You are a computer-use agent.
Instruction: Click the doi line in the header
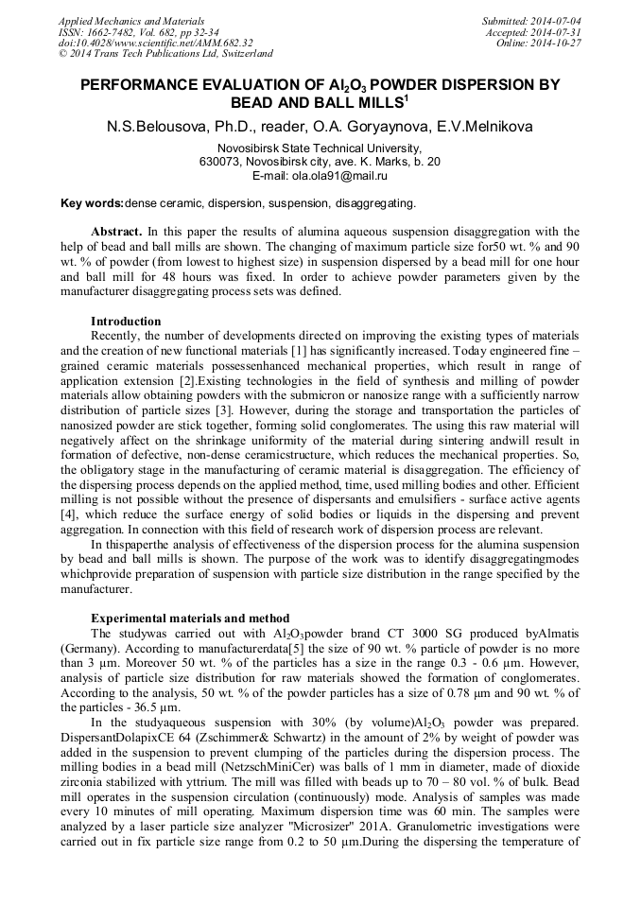156,43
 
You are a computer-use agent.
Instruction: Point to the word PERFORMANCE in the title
158,85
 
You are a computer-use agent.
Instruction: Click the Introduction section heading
126,322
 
